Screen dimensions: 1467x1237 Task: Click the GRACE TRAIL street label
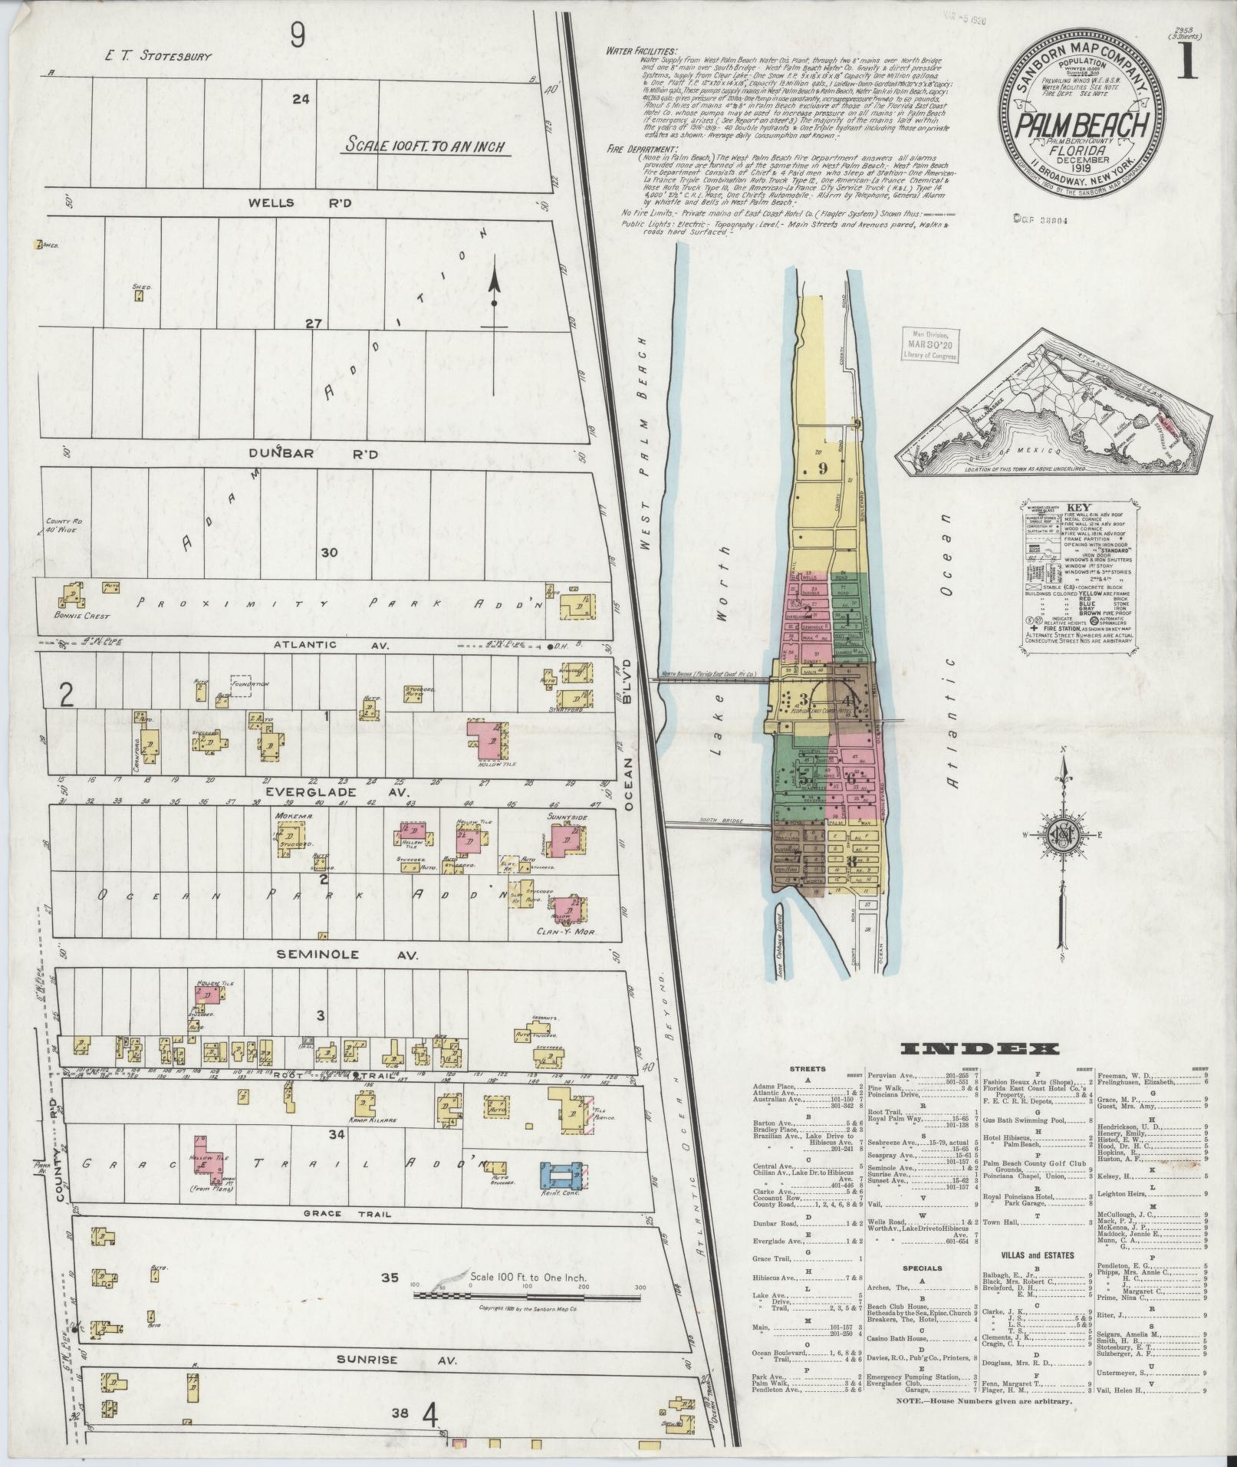point(338,1214)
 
